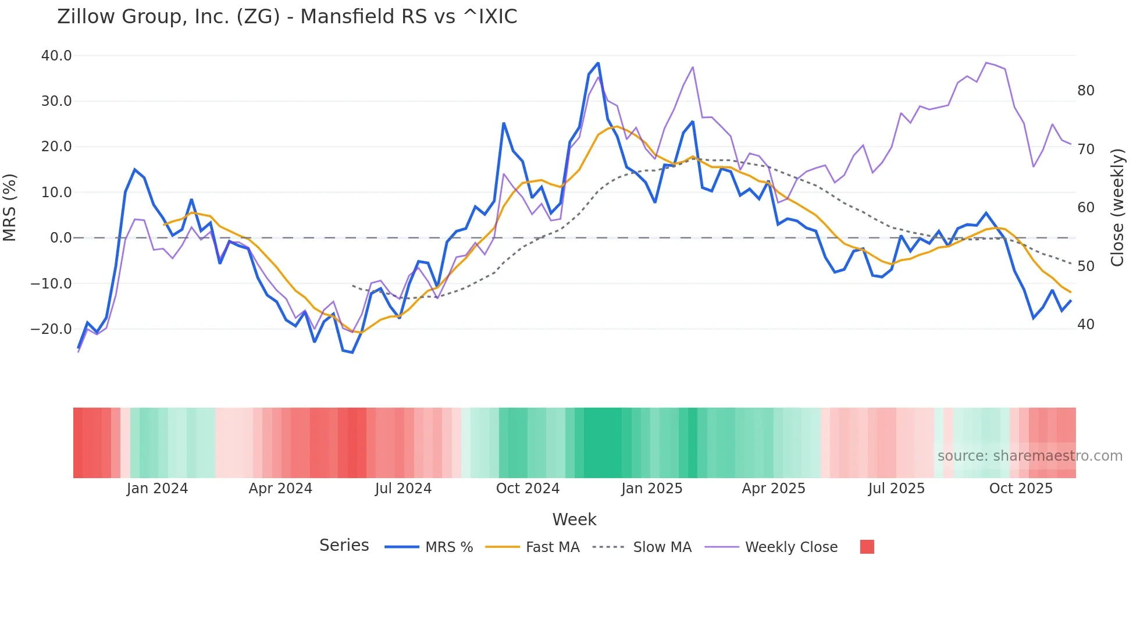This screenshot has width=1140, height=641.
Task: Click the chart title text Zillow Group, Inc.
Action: [287, 17]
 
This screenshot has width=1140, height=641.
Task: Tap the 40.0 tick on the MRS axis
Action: [56, 56]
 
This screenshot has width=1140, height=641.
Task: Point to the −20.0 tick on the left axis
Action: [52, 329]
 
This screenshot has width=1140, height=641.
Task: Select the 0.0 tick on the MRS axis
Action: [60, 238]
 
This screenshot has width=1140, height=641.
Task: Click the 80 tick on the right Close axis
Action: [1085, 91]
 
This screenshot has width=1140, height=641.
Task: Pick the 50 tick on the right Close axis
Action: [1085, 266]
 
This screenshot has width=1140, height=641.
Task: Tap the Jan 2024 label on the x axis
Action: [157, 489]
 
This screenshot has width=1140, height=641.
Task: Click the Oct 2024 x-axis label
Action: [528, 489]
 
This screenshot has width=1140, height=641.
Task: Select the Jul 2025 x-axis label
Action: [896, 489]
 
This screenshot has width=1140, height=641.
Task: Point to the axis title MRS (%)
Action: [10, 207]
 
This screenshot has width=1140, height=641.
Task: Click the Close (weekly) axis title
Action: [1117, 207]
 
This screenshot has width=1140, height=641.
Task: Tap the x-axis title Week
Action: [574, 519]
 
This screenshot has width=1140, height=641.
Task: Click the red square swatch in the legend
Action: [867, 547]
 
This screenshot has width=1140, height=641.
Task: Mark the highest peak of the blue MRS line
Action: [598, 63]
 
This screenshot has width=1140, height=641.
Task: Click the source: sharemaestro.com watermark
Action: [1029, 456]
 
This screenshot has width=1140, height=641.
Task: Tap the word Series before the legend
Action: [344, 546]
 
